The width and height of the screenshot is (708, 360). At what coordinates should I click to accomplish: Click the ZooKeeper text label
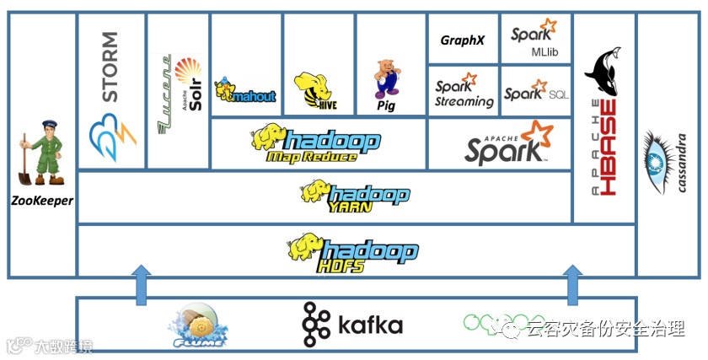click(42, 201)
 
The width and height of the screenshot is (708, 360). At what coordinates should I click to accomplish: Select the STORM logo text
click(110, 67)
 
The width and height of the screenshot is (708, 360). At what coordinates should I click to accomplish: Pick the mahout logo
click(245, 93)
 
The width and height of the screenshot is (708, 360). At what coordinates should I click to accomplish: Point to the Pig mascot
click(386, 80)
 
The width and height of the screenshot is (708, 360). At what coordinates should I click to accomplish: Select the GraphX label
click(463, 40)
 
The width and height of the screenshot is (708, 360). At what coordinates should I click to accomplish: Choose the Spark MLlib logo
click(536, 39)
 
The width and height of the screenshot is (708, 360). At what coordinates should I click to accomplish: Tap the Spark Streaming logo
click(464, 92)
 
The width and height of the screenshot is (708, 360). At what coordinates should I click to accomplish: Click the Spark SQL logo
click(536, 92)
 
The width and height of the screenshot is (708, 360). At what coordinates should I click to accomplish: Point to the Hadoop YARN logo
click(355, 195)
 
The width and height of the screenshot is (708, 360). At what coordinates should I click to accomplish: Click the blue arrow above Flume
click(142, 283)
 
